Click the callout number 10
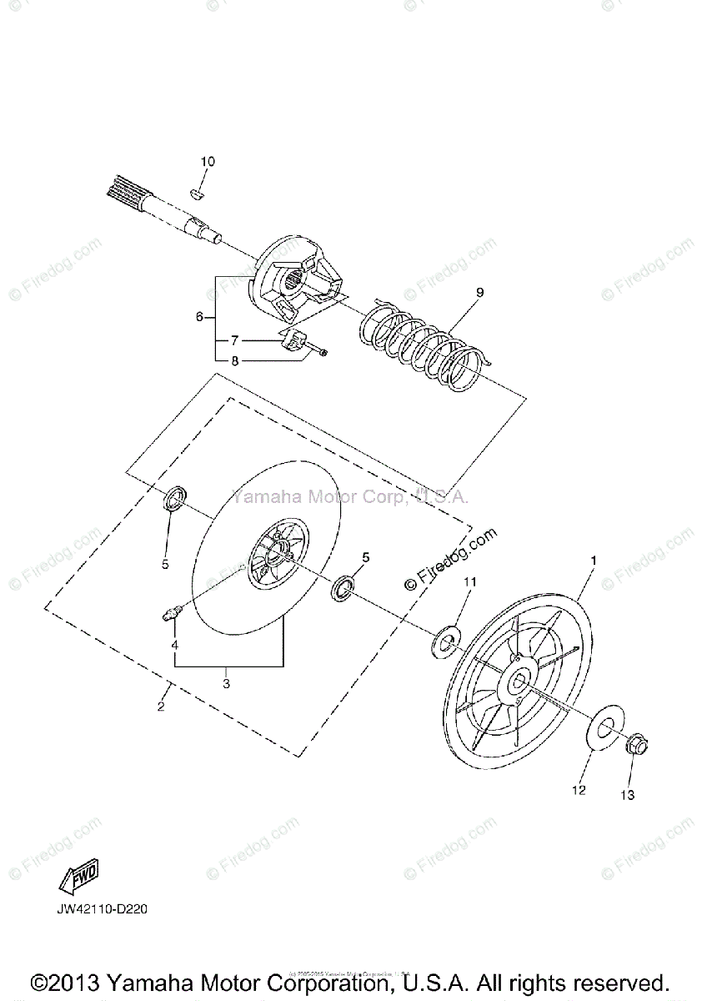[x=207, y=161]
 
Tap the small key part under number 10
[x=198, y=194]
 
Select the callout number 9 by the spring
[x=479, y=292]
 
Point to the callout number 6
[x=199, y=317]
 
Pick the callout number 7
[x=235, y=340]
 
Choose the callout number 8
[x=235, y=361]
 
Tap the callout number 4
[x=175, y=645]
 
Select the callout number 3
[x=226, y=683]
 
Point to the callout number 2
[x=161, y=707]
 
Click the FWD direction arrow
[x=78, y=875]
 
